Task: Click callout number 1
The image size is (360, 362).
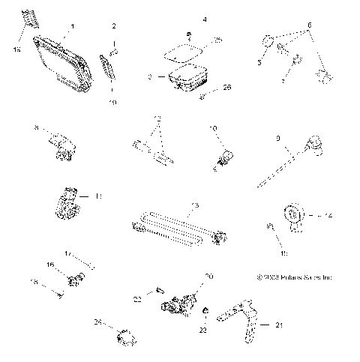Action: coord(72,27)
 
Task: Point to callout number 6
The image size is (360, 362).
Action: coord(308,25)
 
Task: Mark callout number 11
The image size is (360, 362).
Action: coord(97,196)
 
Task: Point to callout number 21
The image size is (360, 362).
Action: coord(280,326)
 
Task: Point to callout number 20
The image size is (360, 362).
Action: coord(209,277)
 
